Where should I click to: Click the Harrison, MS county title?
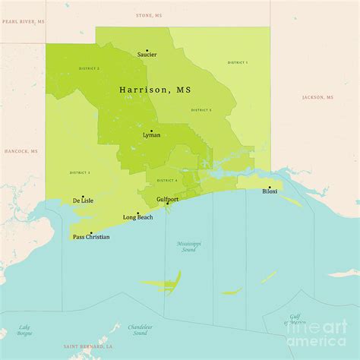[x=155, y=90]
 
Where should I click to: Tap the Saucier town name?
[x=147, y=55]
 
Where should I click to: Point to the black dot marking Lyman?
[x=150, y=131]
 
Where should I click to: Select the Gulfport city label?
[x=167, y=199]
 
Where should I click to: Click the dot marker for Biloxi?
[x=268, y=187]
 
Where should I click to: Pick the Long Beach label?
[x=137, y=218]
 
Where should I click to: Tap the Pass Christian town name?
[x=91, y=238]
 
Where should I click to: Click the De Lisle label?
[x=83, y=201]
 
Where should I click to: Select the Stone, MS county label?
[x=148, y=15]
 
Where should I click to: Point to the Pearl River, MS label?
[x=22, y=22]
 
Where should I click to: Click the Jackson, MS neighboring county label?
[x=318, y=97]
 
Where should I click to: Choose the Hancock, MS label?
[x=21, y=152]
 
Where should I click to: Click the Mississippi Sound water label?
[x=189, y=246]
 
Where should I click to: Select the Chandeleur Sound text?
[x=140, y=330]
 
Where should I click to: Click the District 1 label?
[x=238, y=62]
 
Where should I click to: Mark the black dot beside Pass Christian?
[x=91, y=232]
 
